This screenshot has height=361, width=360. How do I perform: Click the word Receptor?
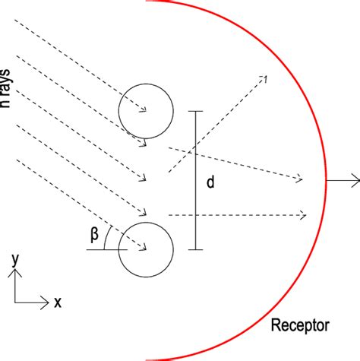coord(300,326)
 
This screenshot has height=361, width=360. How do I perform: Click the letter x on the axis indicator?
coord(57,302)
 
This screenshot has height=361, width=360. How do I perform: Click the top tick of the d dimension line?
coord(195,112)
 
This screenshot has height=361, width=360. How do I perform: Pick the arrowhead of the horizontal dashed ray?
coord(305,216)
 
